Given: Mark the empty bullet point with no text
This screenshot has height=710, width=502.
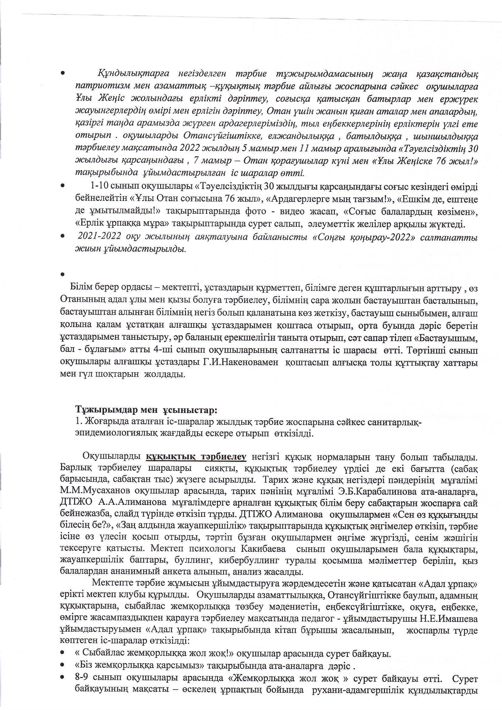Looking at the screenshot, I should [x=63, y=274].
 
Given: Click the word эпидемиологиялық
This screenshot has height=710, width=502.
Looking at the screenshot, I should [x=116, y=433].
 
